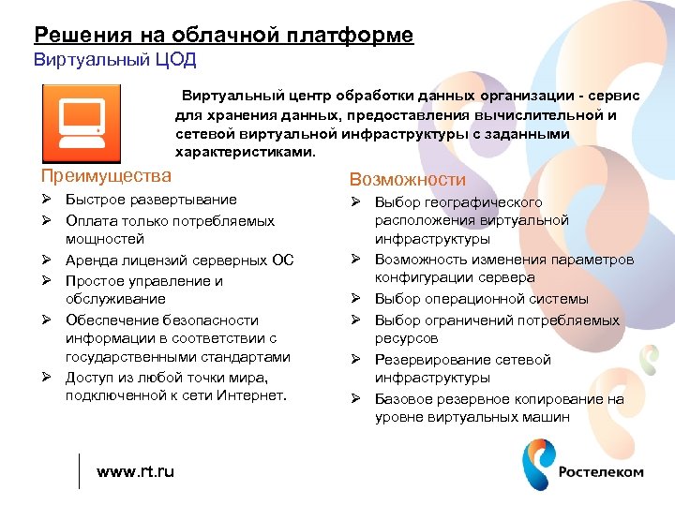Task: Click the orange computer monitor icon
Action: tap(81, 123)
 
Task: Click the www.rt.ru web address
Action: tap(135, 471)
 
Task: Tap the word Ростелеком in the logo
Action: tap(601, 472)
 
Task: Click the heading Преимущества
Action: tap(106, 175)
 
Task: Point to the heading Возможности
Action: tap(407, 179)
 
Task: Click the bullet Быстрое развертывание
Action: tap(151, 200)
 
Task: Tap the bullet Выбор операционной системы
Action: tap(481, 299)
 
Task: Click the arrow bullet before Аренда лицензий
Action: tap(45, 260)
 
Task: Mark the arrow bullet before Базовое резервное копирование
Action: tap(355, 399)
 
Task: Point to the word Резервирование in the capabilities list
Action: tap(423, 360)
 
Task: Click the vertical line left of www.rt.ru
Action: tap(80, 470)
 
